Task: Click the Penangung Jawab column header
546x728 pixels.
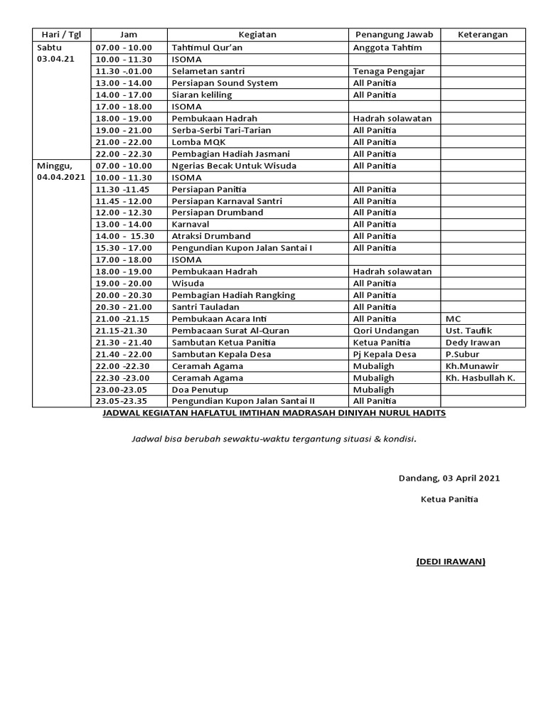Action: click(x=393, y=35)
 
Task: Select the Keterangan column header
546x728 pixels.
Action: click(x=483, y=35)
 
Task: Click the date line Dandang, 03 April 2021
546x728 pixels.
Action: click(x=449, y=478)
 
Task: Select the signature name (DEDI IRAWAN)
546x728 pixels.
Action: click(x=451, y=562)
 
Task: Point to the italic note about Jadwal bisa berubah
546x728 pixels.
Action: click(x=274, y=439)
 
